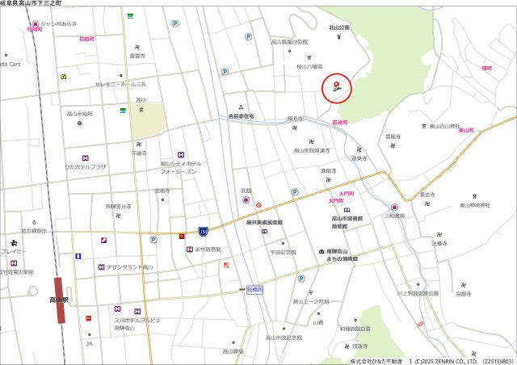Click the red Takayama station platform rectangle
click(59, 300)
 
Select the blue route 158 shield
click(203, 232)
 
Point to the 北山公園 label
click(339, 27)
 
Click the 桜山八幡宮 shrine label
click(309, 66)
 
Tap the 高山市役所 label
click(80, 114)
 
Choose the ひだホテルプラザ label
click(86, 166)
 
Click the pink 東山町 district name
click(465, 130)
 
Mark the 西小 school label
click(141, 100)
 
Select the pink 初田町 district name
click(87, 39)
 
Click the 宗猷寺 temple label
click(463, 294)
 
